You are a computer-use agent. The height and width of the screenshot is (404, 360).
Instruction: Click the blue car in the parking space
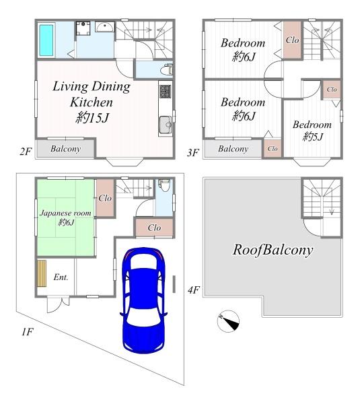(144, 300)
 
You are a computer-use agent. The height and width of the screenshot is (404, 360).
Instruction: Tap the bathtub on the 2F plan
(46, 40)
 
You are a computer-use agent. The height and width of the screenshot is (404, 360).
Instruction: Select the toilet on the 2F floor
(167, 69)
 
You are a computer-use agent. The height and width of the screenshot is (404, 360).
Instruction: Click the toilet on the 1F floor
(164, 185)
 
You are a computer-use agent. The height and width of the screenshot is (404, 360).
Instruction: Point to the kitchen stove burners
(165, 91)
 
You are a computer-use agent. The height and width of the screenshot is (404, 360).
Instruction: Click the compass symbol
(228, 321)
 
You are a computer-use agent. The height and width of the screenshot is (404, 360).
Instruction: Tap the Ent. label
(61, 277)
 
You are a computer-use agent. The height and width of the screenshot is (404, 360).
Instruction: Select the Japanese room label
(65, 213)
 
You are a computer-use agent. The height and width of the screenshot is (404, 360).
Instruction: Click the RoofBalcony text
(273, 250)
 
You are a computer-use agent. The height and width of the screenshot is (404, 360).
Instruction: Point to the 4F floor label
(193, 290)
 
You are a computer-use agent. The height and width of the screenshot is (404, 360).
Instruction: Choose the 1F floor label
(28, 332)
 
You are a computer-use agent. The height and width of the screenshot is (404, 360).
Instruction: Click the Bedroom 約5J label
(312, 131)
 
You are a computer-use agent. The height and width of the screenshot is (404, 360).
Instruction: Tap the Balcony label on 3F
(233, 149)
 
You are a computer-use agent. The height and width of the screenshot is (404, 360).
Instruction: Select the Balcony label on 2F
(66, 149)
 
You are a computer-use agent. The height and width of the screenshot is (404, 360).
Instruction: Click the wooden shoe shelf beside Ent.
(42, 273)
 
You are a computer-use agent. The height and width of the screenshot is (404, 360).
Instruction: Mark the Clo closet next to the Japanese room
(105, 198)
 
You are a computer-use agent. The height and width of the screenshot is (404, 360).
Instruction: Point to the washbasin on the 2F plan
(105, 27)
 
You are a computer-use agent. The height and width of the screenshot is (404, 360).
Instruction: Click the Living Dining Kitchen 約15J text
(92, 102)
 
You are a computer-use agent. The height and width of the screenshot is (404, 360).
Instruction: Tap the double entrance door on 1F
(58, 304)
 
